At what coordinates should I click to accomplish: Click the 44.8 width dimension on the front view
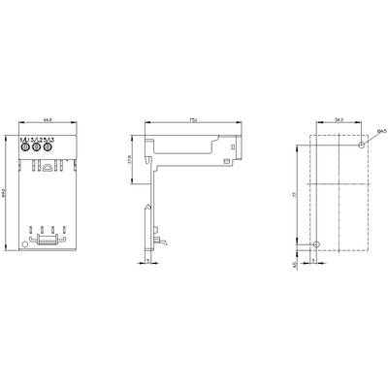(46, 120)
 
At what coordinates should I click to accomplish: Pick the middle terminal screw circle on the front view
(44, 150)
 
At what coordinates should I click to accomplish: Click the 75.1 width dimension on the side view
(194, 120)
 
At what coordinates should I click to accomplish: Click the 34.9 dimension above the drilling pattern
(339, 120)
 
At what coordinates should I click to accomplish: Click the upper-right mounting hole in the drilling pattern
(361, 145)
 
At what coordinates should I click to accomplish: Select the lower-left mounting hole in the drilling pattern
(316, 243)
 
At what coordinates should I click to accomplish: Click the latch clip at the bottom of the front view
(46, 239)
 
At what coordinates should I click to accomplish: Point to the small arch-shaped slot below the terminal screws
(46, 166)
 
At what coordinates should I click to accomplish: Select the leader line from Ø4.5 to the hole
(370, 138)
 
